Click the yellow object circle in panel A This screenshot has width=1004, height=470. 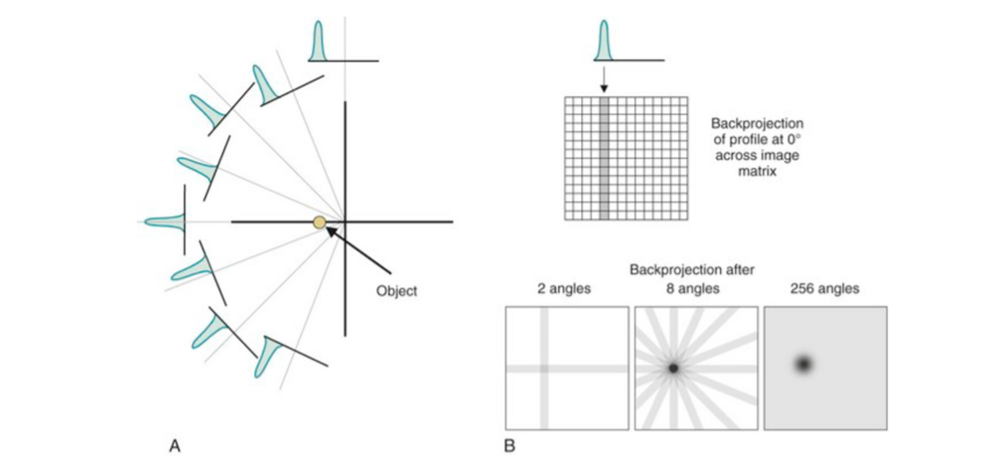point(319,222)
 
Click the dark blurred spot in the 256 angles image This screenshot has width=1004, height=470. point(802,364)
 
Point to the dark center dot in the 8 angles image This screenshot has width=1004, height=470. point(673,367)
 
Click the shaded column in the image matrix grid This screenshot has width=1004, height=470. point(604,158)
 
